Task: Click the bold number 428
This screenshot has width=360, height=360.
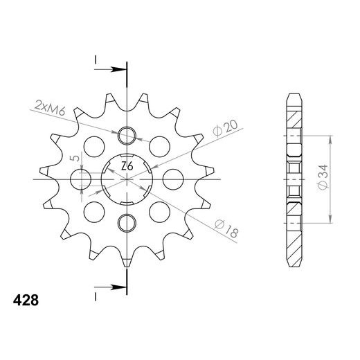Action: [26, 300]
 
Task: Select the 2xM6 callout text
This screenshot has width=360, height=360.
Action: [50, 108]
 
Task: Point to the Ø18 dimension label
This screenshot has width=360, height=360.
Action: [226, 229]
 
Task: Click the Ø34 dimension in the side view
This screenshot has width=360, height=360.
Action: [323, 177]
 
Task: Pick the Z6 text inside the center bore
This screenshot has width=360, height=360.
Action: [127, 166]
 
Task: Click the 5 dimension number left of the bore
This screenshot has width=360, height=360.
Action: [75, 158]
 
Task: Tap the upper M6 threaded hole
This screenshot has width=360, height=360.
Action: [127, 136]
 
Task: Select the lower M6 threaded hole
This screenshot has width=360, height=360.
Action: [127, 223]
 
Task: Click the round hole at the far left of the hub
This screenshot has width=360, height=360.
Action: [80, 179]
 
